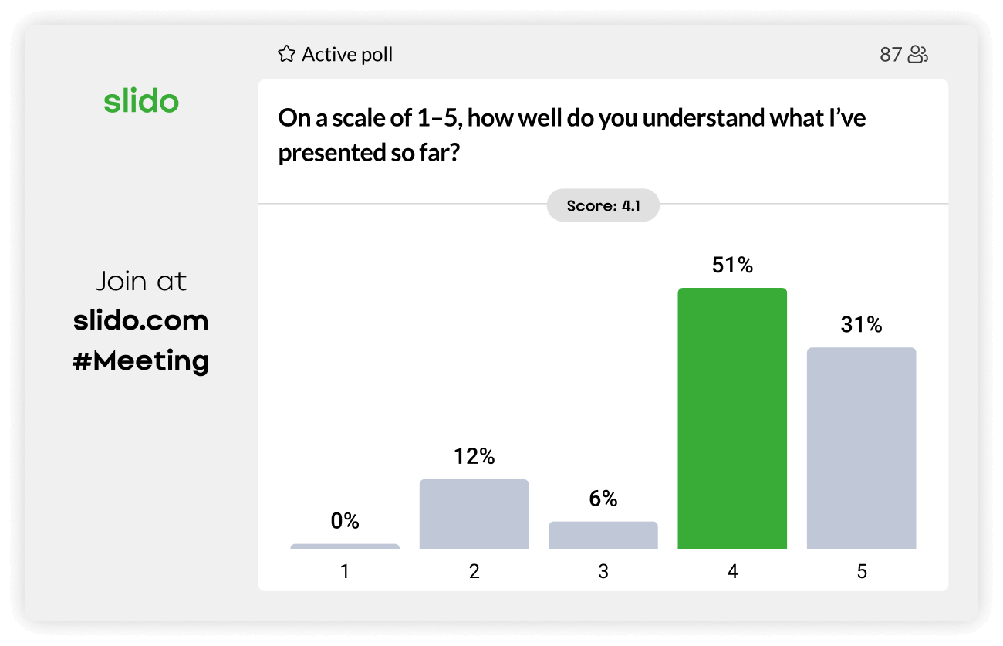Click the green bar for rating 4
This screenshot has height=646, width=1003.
732,418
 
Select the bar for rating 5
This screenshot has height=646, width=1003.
861,448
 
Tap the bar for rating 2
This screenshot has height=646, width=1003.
474,513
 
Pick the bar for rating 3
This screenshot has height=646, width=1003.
603,534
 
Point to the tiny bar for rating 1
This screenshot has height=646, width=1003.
345,546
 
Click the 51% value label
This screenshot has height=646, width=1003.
732,266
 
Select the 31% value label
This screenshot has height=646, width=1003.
861,325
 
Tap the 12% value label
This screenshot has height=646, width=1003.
474,457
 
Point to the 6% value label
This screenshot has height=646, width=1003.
603,499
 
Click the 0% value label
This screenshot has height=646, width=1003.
345,522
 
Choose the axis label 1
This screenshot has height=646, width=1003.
345,571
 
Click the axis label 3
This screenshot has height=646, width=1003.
603,571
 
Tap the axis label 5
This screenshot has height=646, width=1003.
861,571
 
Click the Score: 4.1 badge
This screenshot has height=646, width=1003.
603,205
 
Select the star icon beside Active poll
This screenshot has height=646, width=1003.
286,54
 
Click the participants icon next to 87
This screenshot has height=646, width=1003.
917,55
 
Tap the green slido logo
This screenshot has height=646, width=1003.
141,101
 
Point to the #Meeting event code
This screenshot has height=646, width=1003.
141,360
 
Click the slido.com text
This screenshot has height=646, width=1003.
141,320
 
